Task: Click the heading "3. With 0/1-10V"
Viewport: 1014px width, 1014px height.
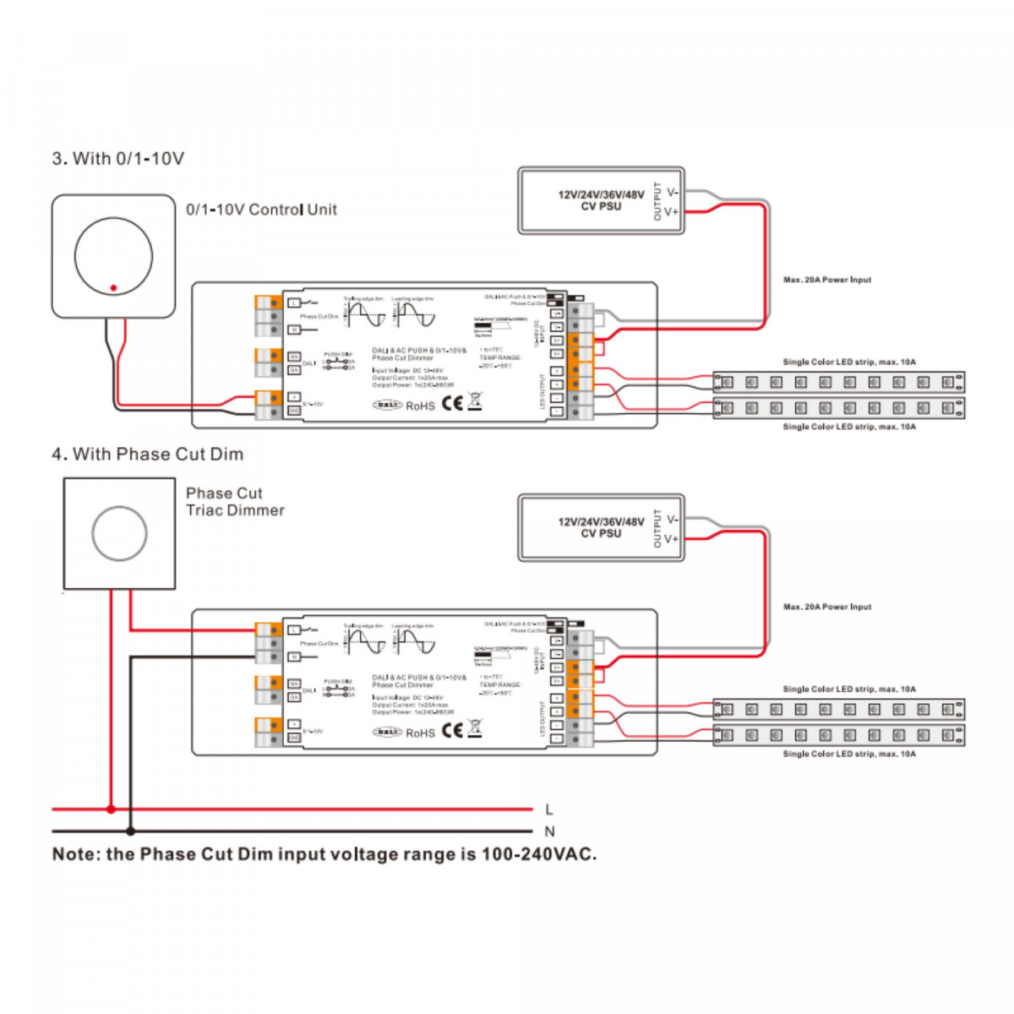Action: click(117, 159)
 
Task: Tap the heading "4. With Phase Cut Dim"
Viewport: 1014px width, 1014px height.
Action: click(147, 455)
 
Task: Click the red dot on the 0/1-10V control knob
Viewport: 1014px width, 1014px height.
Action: click(113, 288)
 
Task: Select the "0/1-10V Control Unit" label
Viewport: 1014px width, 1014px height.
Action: click(261, 210)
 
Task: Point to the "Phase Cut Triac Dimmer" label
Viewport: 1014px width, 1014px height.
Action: click(234, 502)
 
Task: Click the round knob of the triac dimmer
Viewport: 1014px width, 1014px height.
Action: click(119, 534)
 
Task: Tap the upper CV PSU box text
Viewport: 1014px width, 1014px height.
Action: click(600, 200)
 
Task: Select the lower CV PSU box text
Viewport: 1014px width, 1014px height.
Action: click(600, 527)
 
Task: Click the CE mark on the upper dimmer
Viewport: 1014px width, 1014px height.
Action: click(453, 403)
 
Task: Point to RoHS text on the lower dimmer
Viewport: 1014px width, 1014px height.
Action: click(420, 733)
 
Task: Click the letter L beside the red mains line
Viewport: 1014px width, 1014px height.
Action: click(549, 810)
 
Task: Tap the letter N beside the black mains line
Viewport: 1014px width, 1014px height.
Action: click(549, 831)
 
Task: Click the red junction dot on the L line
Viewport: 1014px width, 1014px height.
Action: click(111, 810)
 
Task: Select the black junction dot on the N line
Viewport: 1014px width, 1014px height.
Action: click(130, 831)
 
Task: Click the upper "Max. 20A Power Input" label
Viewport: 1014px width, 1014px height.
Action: click(826, 280)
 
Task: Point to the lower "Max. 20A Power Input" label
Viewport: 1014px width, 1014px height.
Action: click(826, 607)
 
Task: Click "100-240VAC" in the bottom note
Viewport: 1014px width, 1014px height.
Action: click(538, 854)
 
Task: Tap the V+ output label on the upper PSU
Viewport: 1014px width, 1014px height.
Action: click(671, 211)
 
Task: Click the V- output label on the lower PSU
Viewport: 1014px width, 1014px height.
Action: click(672, 520)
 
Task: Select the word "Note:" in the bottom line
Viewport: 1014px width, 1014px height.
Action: click(76, 854)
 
